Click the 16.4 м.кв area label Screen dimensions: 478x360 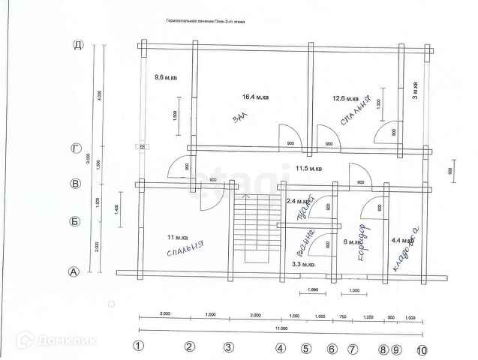[x=256, y=97]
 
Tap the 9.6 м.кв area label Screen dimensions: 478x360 [x=165, y=77]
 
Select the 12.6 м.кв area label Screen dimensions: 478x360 [x=347, y=97]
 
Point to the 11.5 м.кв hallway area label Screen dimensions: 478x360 [x=308, y=169]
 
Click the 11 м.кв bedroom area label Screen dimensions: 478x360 [x=178, y=237]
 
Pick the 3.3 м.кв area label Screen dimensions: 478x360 [x=302, y=265]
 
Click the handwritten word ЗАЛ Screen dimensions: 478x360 [x=239, y=119]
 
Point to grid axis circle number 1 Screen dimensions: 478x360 [x=138, y=346]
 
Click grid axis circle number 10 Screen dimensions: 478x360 [x=421, y=349]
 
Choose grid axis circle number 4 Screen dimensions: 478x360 [x=280, y=347]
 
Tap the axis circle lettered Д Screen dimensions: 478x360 [x=77, y=45]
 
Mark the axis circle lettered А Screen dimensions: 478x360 [x=74, y=271]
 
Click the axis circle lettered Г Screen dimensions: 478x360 [x=76, y=148]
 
